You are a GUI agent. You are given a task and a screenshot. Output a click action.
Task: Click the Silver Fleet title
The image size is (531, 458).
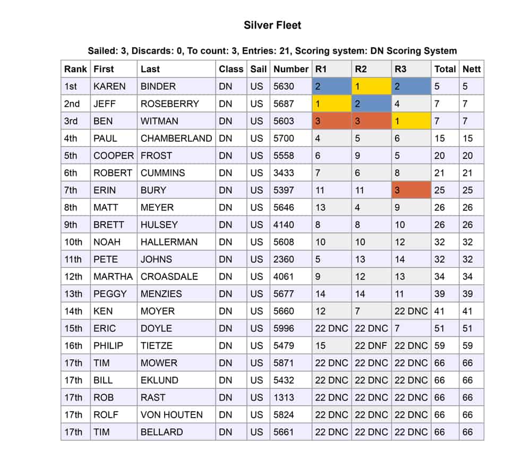point(272,25)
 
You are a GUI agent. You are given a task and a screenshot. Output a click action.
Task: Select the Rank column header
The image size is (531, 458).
point(75,69)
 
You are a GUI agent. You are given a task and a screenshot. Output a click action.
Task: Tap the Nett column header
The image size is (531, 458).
point(472,69)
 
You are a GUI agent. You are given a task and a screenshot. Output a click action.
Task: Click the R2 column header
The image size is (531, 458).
point(361,69)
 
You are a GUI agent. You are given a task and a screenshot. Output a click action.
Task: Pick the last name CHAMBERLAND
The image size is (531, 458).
point(176,138)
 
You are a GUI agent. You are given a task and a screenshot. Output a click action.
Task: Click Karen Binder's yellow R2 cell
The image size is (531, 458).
point(371,86)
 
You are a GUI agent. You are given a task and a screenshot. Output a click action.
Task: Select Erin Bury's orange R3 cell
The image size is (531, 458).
point(411,190)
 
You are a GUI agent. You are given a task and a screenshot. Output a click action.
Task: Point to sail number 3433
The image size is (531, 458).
point(284,173)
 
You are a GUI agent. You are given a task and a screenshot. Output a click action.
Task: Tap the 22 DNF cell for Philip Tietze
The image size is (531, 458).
point(371,345)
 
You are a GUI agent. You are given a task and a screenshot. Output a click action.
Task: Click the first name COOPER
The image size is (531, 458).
point(113,156)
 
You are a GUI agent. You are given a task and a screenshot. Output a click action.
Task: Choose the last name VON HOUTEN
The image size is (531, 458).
point(172,414)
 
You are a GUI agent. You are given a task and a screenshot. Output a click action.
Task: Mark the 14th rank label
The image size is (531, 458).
point(73,311)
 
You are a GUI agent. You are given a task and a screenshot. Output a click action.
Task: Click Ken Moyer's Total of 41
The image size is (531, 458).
point(440,311)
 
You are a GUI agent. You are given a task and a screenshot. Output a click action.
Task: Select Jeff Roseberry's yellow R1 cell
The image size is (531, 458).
point(331,104)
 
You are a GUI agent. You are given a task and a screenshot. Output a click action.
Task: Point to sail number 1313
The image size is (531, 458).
point(284,397)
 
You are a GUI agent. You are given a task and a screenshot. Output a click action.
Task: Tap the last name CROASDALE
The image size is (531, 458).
point(169,276)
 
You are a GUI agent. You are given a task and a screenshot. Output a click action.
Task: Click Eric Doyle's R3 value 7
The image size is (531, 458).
point(411,328)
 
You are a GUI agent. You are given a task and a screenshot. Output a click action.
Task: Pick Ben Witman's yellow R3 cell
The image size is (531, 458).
point(411,121)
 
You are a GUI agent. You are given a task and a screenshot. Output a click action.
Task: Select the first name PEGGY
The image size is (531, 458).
point(110,294)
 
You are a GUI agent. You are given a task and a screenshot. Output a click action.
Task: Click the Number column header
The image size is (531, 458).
point(290,69)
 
